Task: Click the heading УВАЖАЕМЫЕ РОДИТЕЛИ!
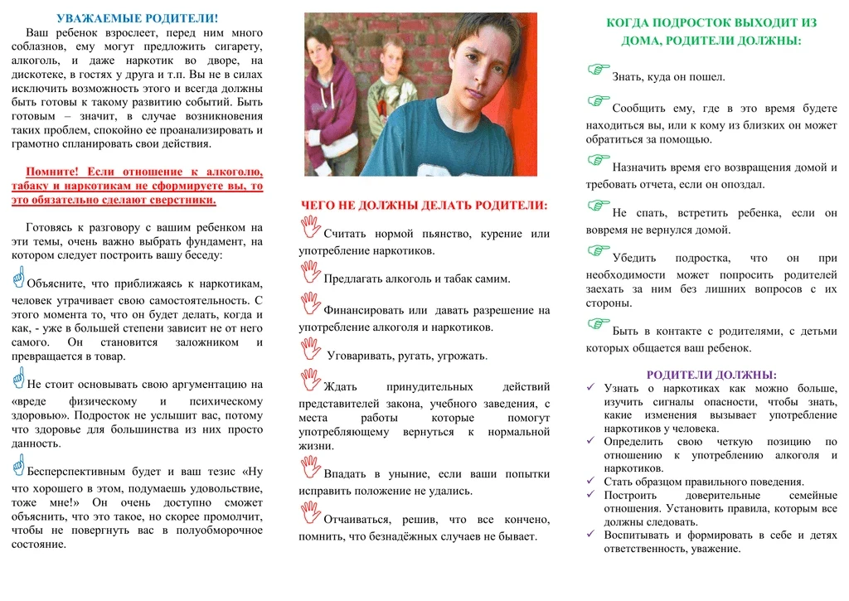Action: pyautogui.click(x=137, y=18)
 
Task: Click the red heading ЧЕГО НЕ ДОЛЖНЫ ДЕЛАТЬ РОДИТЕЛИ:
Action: pyautogui.click(x=424, y=205)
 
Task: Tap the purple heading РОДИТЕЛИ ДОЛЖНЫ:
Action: pyautogui.click(x=711, y=375)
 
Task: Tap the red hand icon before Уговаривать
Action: pyautogui.click(x=310, y=349)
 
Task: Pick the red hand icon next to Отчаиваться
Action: pyautogui.click(x=310, y=512)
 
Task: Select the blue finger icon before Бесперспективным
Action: pyautogui.click(x=18, y=466)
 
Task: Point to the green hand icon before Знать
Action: pyautogui.click(x=598, y=70)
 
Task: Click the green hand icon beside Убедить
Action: pyautogui.click(x=598, y=250)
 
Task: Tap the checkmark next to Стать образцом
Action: pyautogui.click(x=591, y=481)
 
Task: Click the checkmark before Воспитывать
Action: pyautogui.click(x=591, y=535)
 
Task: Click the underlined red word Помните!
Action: pyautogui.click(x=51, y=172)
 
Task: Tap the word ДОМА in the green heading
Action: pyautogui.click(x=640, y=40)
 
